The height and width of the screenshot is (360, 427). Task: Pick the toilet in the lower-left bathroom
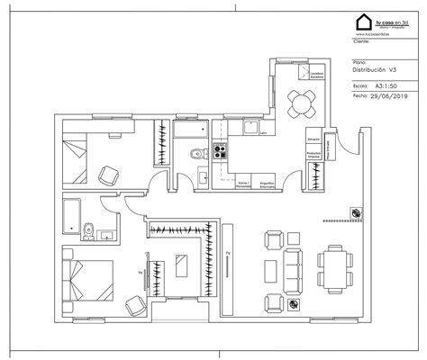tap(87, 232)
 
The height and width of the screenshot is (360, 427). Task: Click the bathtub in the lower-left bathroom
tap(71, 215)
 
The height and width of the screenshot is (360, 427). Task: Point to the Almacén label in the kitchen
tap(314, 140)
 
